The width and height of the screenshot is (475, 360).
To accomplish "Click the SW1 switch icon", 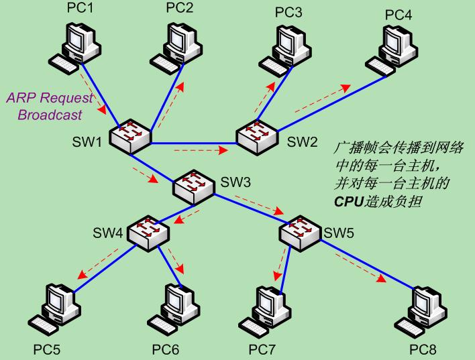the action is [130, 137].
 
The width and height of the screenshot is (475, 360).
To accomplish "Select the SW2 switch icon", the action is [257, 137].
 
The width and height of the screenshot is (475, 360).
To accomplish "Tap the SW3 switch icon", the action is [194, 187].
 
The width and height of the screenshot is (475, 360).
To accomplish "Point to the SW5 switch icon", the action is [300, 233].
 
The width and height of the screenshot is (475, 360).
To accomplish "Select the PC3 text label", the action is [288, 13].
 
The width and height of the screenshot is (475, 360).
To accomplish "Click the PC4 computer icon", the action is [392, 50].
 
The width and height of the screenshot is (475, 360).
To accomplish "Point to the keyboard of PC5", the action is [43, 325].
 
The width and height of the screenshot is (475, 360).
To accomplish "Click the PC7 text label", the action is [262, 350].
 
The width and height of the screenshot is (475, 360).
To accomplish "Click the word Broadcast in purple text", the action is [50, 115].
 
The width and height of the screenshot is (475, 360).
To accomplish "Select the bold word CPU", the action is [348, 201].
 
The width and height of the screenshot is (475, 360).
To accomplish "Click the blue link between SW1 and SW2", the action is [194, 143].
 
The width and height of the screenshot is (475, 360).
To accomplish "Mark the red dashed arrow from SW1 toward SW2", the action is [201, 150].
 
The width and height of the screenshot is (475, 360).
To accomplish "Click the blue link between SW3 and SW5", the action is [251, 209].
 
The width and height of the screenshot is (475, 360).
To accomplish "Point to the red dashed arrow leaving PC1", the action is [93, 93].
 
